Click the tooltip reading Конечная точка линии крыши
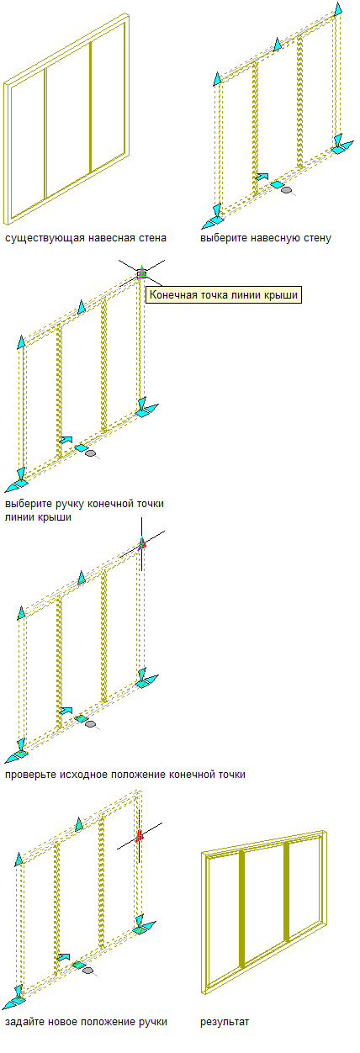pos(223,294)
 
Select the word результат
pos(225,1022)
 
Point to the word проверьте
pos(30,775)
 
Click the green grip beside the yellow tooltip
pos(141,273)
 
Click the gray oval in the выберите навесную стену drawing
pos(286,189)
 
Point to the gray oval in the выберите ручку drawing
pos(91,453)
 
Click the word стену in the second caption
pos(318,238)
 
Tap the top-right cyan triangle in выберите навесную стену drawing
pos(338,9)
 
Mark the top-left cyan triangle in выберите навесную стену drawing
pos(217,79)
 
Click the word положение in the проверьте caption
pos(135,775)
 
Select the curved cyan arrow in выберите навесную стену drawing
pos(262,177)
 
